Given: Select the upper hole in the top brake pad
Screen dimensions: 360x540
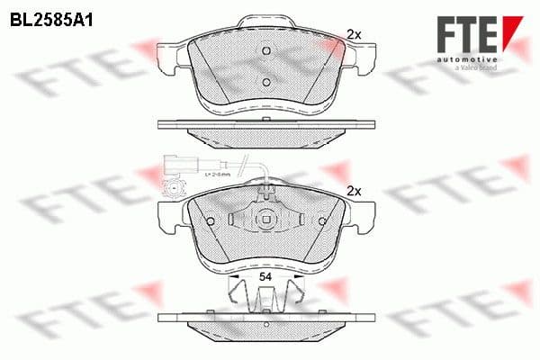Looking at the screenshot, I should pos(265,50).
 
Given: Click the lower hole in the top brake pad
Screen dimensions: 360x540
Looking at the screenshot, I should pos(265,83).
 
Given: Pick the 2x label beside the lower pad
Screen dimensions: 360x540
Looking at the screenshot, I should pos(354,191).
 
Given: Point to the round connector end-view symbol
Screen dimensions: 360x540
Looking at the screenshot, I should pos(174,189).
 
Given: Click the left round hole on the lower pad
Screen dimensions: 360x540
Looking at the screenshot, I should pos(209,221).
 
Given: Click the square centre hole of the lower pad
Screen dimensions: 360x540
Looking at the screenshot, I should pos(265,219).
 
